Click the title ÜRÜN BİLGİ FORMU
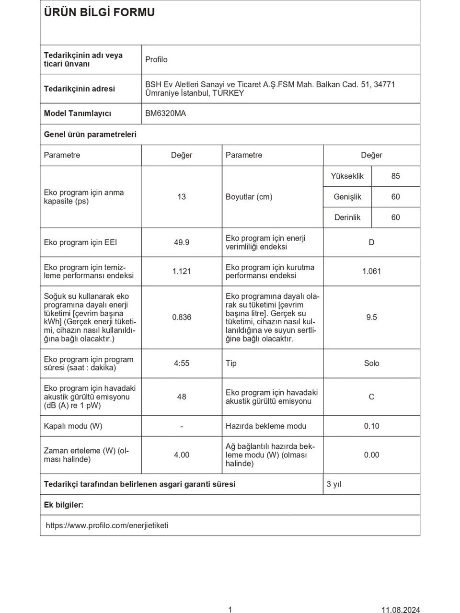(99, 13)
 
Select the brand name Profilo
(156, 59)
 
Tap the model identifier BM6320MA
(165, 114)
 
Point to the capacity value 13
(182, 197)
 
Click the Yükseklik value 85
(395, 176)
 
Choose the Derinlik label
(347, 217)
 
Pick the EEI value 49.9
(182, 242)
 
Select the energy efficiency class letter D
(371, 242)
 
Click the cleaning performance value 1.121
(182, 272)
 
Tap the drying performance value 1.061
(371, 272)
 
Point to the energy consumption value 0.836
(182, 317)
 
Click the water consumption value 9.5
(371, 317)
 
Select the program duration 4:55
(182, 363)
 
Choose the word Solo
(371, 363)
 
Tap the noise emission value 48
(182, 397)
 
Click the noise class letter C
(371, 397)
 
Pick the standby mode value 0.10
(371, 426)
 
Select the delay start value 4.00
(182, 455)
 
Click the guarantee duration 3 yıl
(334, 484)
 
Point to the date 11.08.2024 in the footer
(401, 610)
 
